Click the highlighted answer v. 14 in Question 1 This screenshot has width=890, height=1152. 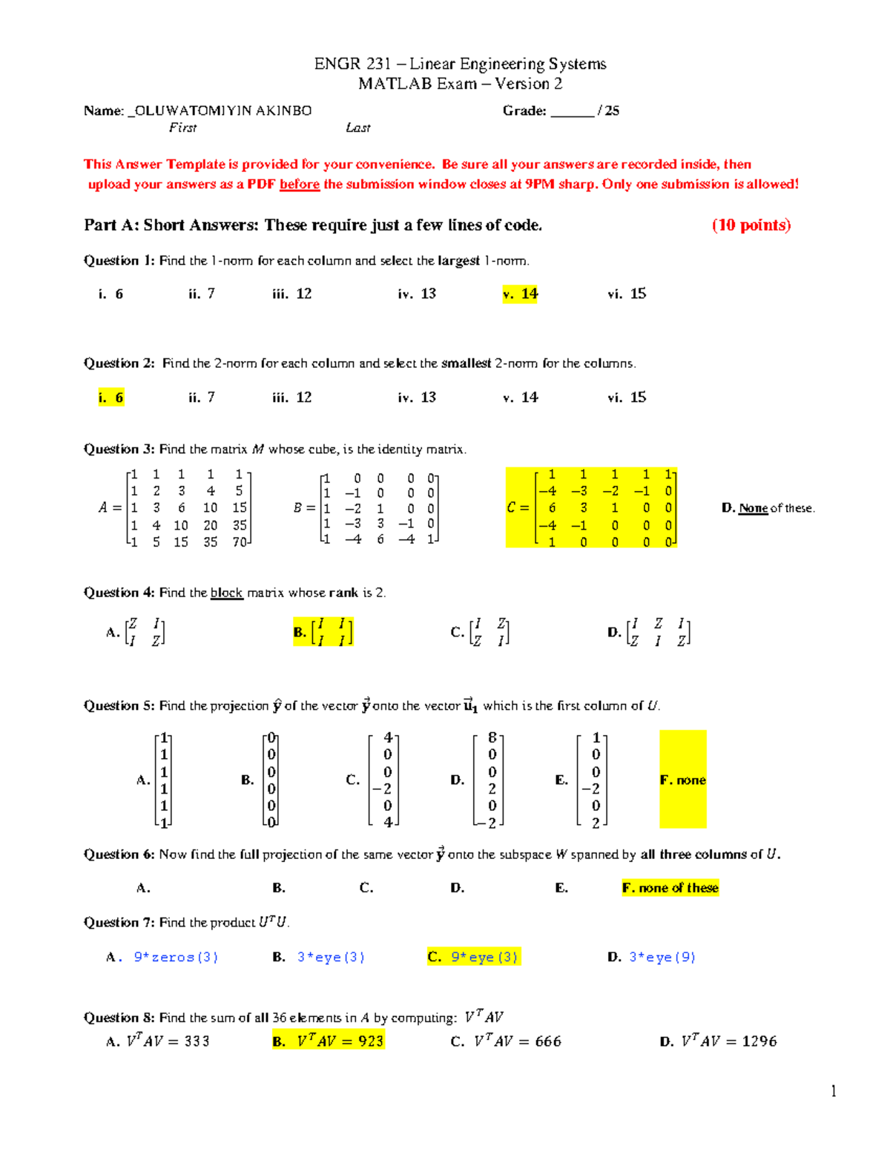point(521,294)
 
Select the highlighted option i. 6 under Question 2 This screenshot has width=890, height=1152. point(111,398)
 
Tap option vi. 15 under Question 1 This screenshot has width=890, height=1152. point(627,294)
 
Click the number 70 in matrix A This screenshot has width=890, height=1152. point(239,542)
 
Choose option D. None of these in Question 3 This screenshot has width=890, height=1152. point(768,508)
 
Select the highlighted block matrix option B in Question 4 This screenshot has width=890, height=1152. point(323,632)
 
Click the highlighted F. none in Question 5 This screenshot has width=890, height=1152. point(682,780)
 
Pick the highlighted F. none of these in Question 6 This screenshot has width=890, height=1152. point(670,888)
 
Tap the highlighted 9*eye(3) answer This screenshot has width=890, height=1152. point(475,957)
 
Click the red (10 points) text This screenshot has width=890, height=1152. point(751,226)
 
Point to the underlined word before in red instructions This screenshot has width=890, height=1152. point(299,185)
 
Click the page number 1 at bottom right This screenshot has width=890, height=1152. point(834,1090)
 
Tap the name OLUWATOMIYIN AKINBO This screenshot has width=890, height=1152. point(223,111)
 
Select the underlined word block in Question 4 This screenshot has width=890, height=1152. point(226,593)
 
